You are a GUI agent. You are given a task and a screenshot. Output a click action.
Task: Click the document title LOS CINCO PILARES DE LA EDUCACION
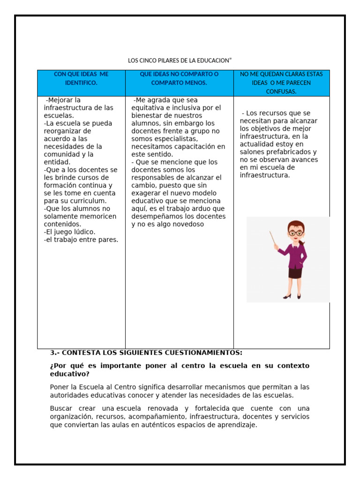coord(180,60)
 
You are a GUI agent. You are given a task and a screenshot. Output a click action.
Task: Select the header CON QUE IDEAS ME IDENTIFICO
coord(81,78)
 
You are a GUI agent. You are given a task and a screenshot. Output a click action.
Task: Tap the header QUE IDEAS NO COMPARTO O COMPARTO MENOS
coord(179,78)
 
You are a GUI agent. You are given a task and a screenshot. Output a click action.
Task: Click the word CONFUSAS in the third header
coord(281,91)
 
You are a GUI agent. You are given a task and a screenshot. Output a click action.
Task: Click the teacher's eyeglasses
coord(295,232)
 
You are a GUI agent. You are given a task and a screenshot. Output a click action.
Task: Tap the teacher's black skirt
coord(295,273)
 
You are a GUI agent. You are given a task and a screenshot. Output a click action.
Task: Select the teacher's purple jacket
coord(295,255)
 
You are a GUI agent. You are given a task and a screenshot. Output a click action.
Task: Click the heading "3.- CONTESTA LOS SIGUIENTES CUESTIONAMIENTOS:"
coord(146,352)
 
